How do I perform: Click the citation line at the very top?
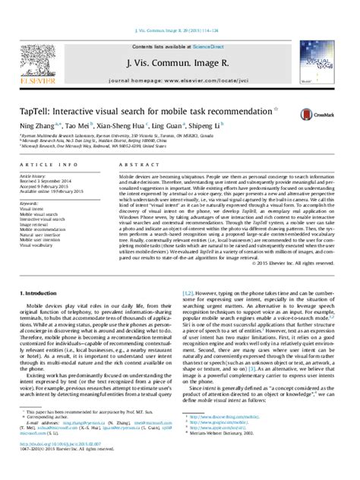(180, 9)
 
